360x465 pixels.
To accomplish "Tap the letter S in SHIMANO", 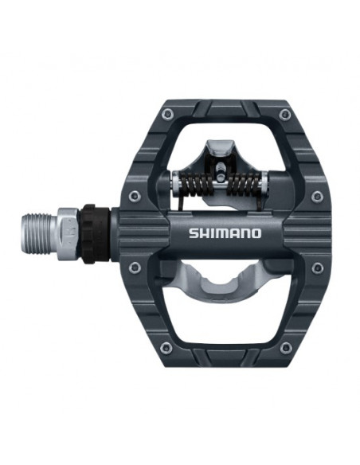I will click(x=193, y=233).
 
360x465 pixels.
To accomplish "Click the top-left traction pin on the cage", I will click(x=166, y=115).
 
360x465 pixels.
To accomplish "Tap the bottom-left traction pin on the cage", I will click(x=166, y=347).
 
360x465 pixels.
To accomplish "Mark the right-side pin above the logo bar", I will click(x=317, y=195).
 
